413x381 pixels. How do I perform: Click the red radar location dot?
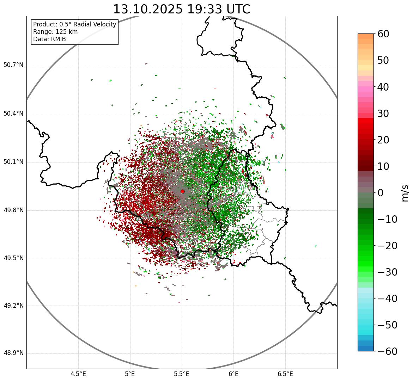(x=182, y=191)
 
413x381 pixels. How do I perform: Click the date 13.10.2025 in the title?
(x=148, y=9)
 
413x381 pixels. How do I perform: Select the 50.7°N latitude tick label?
(x=13, y=65)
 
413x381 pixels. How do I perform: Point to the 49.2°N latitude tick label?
(x=13, y=306)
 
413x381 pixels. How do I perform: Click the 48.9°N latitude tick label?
(x=13, y=353)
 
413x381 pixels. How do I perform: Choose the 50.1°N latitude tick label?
(x=13, y=162)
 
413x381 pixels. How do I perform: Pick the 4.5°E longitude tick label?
(x=78, y=374)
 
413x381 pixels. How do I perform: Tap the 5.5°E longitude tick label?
(x=182, y=374)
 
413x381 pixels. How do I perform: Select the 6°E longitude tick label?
(x=233, y=374)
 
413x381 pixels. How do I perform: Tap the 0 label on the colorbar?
(x=381, y=193)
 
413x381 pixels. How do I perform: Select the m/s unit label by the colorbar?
(x=405, y=193)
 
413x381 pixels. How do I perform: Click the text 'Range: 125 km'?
(x=55, y=32)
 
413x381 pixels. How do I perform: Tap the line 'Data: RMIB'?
(x=49, y=39)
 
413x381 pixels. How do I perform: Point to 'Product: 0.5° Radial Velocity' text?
(x=74, y=24)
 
